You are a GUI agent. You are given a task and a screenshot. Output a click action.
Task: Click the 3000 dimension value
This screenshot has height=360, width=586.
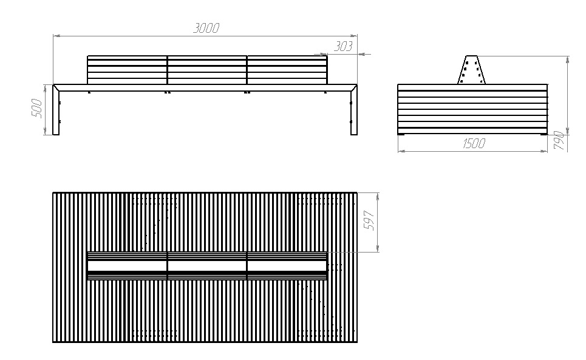pos(206,28)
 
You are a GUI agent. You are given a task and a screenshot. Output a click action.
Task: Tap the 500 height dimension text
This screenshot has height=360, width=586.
pos(36,109)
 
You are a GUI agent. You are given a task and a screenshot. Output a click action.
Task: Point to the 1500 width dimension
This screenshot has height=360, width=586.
pos(473,143)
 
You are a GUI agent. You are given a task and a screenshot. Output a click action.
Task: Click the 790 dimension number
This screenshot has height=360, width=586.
pos(559,141)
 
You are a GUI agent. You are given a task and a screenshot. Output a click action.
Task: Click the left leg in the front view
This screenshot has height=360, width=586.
pos(56,112)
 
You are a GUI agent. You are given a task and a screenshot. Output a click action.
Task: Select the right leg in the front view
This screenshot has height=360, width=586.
pos(354,112)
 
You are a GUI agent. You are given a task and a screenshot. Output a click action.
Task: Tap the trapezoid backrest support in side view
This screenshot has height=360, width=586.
pos(471,70)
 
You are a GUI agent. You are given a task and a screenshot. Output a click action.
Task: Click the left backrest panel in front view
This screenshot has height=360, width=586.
pos(127,70)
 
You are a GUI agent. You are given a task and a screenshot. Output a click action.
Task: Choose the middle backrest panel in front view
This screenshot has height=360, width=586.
pos(206,70)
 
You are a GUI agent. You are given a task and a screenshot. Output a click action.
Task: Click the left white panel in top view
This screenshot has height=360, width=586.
pos(127,266)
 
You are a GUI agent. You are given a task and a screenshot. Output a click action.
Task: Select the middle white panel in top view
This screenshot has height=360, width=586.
pos(206,266)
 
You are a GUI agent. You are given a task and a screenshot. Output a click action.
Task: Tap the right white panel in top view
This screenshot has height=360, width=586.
pos(287,266)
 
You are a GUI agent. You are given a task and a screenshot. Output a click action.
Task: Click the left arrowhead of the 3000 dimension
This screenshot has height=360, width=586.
pos(56,36)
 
